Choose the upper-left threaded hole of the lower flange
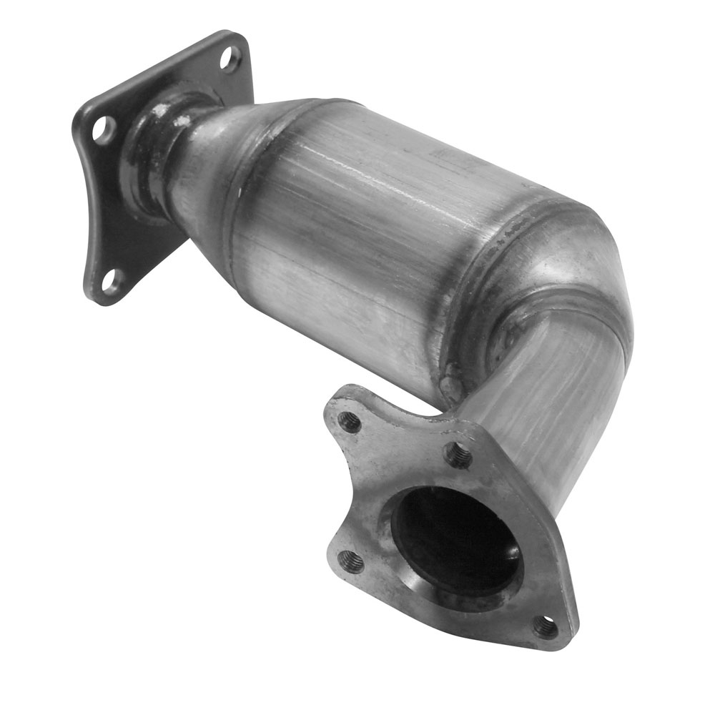tap(350, 422)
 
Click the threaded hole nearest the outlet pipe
tap(458, 455)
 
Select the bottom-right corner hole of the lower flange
tap(546, 627)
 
